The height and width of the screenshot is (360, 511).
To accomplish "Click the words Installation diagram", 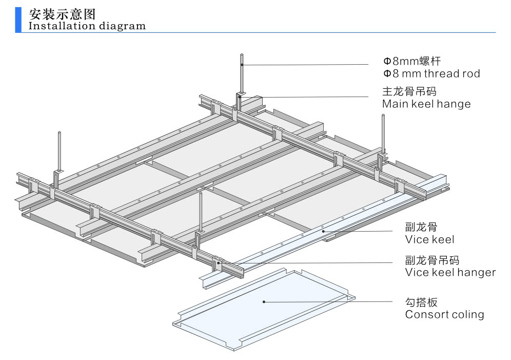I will [x=87, y=26].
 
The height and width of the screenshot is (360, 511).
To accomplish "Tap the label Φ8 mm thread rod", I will [x=431, y=73].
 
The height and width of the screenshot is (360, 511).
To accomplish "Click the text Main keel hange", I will [x=426, y=104].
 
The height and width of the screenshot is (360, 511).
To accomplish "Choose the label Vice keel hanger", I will [x=450, y=272].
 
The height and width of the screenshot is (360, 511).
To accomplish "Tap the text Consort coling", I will [x=444, y=314].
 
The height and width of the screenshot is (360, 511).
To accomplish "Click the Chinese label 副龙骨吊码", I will [x=432, y=260].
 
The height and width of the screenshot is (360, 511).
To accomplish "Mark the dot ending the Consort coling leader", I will [x=264, y=301].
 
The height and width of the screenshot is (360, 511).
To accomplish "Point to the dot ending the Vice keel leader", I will [x=323, y=232].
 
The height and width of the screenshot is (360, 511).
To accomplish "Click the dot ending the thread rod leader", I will [x=242, y=65].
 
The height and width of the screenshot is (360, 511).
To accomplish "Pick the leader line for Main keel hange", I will [x=308, y=97].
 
